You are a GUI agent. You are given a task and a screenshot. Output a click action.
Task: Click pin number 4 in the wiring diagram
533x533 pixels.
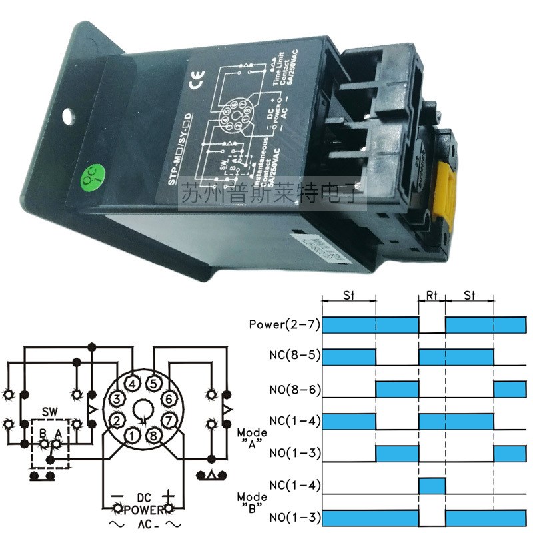(x=134, y=384)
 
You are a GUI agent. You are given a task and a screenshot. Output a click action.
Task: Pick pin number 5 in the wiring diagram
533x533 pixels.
(x=154, y=384)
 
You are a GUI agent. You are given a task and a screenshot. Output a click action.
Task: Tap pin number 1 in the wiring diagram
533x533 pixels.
(x=134, y=437)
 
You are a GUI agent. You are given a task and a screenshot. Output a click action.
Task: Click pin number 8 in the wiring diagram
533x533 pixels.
(x=154, y=437)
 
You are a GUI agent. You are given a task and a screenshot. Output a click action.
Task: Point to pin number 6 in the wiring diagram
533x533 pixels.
(x=169, y=399)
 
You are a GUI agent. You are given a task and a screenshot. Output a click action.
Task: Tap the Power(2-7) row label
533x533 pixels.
(x=284, y=326)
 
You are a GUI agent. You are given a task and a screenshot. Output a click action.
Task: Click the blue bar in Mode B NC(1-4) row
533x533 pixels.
(x=432, y=485)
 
